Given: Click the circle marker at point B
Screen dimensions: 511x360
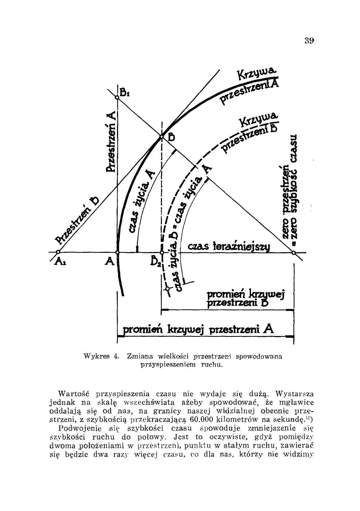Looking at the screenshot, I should pyautogui.click(x=162, y=137).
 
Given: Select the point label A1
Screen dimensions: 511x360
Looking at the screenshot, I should pyautogui.click(x=58, y=261).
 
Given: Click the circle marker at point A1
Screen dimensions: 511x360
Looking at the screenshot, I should pyautogui.click(x=58, y=252).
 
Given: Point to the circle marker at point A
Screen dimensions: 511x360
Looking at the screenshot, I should pyautogui.click(x=117, y=252).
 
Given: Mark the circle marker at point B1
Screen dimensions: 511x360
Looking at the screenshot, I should pyautogui.click(x=117, y=97).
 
